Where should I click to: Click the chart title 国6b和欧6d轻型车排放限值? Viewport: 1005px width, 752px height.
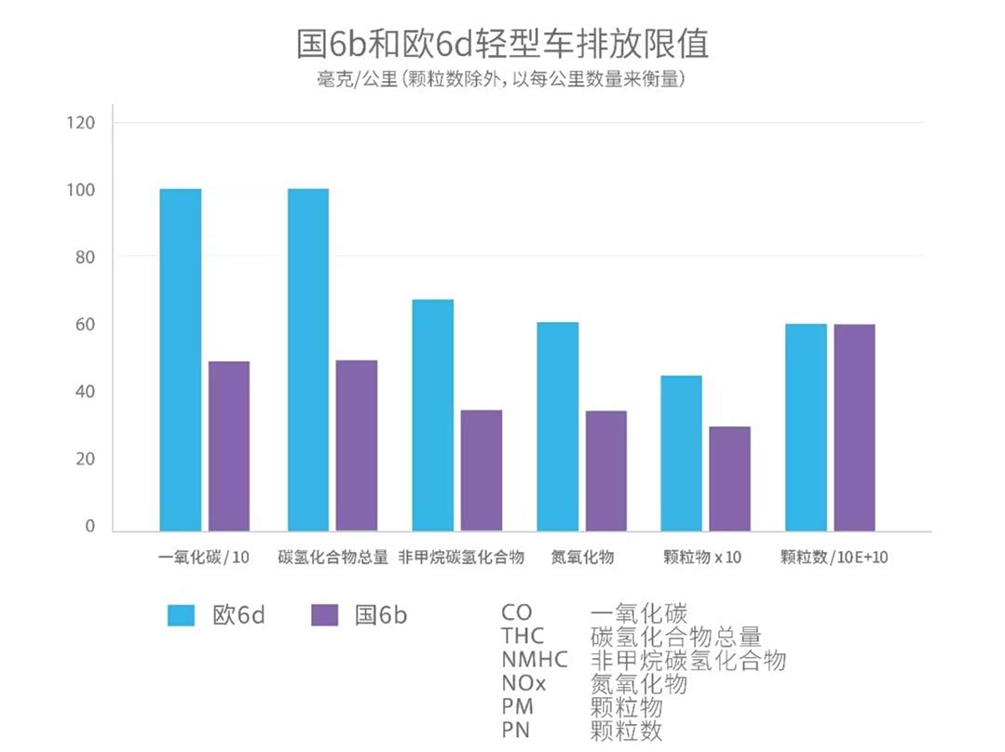tap(502, 44)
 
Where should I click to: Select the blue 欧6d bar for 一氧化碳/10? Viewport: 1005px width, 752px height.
tap(181, 359)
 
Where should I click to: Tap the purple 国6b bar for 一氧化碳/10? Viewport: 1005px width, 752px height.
tap(229, 446)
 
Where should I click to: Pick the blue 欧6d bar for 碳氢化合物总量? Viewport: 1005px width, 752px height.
tap(308, 359)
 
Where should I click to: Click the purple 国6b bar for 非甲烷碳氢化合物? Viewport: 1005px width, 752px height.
tap(482, 470)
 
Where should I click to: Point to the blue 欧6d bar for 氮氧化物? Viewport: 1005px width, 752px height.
tap(557, 426)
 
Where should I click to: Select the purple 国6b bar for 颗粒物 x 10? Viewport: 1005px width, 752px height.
tap(729, 478)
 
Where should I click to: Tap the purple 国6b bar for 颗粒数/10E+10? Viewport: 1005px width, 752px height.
tap(854, 427)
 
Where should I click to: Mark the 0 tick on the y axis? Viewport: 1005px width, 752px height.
tap(90, 527)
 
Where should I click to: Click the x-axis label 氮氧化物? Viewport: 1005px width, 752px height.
tap(582, 557)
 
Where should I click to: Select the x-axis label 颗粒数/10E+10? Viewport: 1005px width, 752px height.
tap(835, 557)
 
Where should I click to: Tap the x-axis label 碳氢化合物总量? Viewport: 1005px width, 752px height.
tap(333, 557)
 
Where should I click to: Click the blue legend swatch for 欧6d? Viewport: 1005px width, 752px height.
tap(182, 615)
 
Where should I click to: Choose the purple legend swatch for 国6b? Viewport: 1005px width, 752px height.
tap(324, 615)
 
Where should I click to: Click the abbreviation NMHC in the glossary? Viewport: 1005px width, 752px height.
tap(534, 661)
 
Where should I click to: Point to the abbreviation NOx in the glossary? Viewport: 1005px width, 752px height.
tap(525, 684)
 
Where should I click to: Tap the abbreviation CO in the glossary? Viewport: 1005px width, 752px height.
tap(517, 613)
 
